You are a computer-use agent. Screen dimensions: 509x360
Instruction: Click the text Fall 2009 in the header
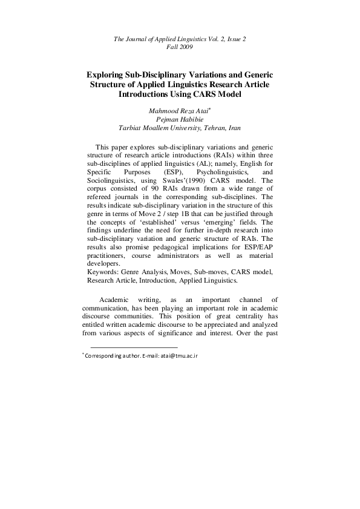pos(180,47)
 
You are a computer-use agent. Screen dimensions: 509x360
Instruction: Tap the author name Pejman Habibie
pos(180,119)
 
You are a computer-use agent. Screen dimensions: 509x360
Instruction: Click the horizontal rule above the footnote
pos(134,347)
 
